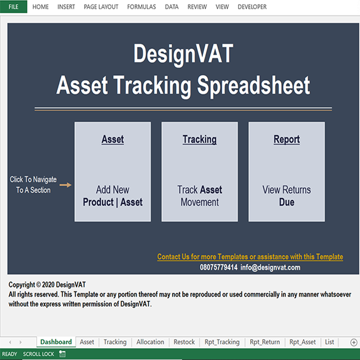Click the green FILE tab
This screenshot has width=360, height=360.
coord(13,7)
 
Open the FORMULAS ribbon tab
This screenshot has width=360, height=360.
coord(141,7)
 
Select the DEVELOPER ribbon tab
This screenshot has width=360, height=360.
coord(252,7)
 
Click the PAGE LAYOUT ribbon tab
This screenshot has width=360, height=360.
coord(101,7)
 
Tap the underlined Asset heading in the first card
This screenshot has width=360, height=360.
coord(113,139)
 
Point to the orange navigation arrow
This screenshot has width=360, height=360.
coord(65,185)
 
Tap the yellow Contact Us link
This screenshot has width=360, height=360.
coord(250,257)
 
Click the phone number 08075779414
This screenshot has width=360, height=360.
coord(219,267)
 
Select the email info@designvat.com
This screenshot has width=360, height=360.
coord(270,267)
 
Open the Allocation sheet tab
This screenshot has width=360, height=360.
coord(150,342)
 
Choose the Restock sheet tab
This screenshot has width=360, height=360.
coord(184,342)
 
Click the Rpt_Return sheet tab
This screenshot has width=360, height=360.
coord(265,342)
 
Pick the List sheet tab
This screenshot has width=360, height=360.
coord(329,342)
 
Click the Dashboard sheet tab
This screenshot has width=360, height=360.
coord(56,342)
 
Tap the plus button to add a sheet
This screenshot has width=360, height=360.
coord(354,342)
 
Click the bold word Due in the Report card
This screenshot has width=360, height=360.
coord(287,202)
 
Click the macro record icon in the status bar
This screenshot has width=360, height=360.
coord(62,354)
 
